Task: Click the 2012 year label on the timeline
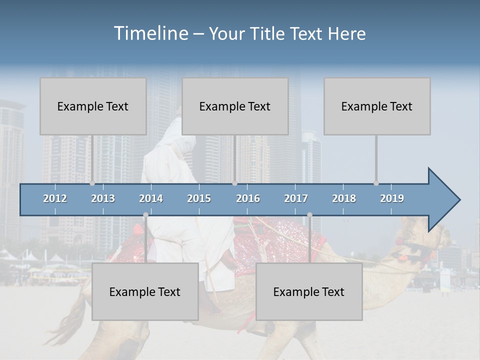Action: point(55,198)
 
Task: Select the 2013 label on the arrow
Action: point(103,198)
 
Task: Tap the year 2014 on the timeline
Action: point(151,198)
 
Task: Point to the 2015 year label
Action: point(199,198)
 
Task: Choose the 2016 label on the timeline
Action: point(248,198)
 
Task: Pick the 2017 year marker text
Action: point(296,198)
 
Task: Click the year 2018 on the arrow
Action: point(344,198)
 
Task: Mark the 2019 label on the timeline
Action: point(392,198)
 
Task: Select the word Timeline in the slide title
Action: point(150,33)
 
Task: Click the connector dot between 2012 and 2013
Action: point(92,183)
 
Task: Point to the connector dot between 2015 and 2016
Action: point(234,183)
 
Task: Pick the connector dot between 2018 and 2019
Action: point(376,183)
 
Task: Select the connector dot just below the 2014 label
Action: point(145,215)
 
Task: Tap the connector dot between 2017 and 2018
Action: point(309,215)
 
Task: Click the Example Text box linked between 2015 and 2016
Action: point(235,106)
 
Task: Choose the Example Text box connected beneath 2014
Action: point(145,291)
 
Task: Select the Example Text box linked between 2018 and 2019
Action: point(377,106)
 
